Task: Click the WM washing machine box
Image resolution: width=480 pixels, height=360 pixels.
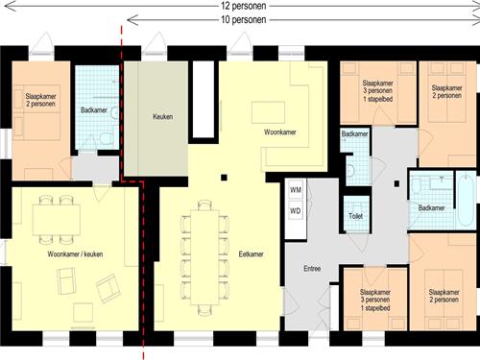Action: pyautogui.click(x=296, y=190)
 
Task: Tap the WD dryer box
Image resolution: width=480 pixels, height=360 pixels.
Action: pyautogui.click(x=296, y=211)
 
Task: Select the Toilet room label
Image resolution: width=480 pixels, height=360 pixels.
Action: pyautogui.click(x=356, y=216)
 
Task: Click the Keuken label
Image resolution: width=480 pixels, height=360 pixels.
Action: pyautogui.click(x=163, y=117)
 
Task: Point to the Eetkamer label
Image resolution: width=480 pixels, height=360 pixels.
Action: pyautogui.click(x=252, y=254)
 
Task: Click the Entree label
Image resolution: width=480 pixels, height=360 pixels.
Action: pyautogui.click(x=312, y=269)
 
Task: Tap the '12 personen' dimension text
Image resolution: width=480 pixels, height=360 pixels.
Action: pyautogui.click(x=244, y=6)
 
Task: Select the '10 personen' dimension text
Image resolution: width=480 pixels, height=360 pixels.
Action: pyautogui.click(x=244, y=20)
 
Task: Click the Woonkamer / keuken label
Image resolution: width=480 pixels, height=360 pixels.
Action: pyautogui.click(x=75, y=254)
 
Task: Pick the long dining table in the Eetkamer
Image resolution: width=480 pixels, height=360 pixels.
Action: pyautogui.click(x=204, y=257)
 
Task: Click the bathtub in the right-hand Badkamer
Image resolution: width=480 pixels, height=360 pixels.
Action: pyautogui.click(x=466, y=200)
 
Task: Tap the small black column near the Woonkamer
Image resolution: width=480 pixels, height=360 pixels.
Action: pyautogui.click(x=224, y=178)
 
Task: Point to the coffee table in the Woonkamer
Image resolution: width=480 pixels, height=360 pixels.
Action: pyautogui.click(x=268, y=112)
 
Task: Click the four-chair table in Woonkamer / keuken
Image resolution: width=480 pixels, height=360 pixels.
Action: pyautogui.click(x=57, y=220)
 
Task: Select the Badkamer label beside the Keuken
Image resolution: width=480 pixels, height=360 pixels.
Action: pyautogui.click(x=94, y=110)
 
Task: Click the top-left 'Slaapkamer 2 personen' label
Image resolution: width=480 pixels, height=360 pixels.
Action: pyautogui.click(x=40, y=100)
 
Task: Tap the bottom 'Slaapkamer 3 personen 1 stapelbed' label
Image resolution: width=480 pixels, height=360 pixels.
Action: pyautogui.click(x=375, y=300)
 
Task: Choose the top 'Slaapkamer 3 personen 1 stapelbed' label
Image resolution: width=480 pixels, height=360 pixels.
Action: pyautogui.click(x=378, y=91)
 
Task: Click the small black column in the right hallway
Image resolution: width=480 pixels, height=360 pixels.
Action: pyautogui.click(x=396, y=183)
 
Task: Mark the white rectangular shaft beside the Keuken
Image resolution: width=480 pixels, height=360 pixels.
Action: pyautogui.click(x=204, y=99)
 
